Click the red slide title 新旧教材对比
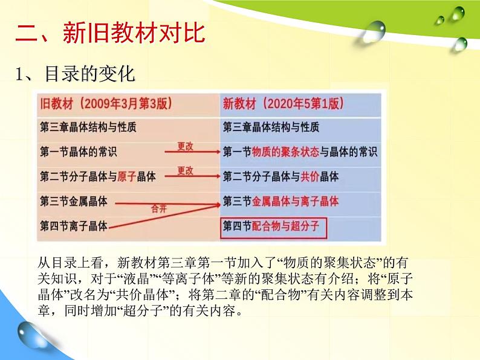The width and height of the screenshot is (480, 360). [134, 33]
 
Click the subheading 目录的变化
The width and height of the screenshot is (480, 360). [89, 74]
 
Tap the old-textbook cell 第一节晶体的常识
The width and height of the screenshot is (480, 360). [79, 152]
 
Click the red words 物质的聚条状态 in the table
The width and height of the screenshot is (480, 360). [285, 152]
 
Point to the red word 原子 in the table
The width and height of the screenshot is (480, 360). [127, 176]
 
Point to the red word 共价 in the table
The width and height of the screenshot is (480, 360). [310, 176]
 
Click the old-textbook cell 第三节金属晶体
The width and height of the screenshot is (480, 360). [74, 201]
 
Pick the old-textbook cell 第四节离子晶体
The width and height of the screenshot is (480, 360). [74, 226]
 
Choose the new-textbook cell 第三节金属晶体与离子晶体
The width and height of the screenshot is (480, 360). [281, 201]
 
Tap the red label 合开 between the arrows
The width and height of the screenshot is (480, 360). [159, 208]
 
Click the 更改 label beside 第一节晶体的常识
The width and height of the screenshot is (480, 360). [185, 146]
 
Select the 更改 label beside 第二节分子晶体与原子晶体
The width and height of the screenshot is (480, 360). [185, 171]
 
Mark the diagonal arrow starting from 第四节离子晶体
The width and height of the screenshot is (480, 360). [164, 217]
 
